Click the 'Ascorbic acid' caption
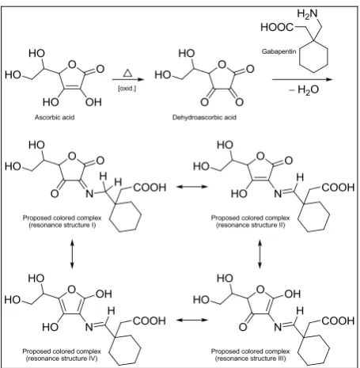[x=55, y=117]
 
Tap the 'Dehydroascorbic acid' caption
[x=204, y=117]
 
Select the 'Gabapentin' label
[x=279, y=51]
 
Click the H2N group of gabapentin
[x=308, y=13]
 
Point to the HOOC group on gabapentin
[x=277, y=27]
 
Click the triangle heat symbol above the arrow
[x=127, y=73]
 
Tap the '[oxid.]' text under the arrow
[x=127, y=89]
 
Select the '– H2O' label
[x=304, y=90]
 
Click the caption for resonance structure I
[x=62, y=222]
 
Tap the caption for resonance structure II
[x=250, y=222]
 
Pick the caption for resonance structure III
[x=250, y=355]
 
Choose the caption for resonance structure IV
[x=62, y=355]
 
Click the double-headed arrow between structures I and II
[x=192, y=187]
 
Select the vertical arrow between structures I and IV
[x=72, y=254]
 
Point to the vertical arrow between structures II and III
[x=260, y=254]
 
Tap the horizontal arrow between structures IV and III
[x=192, y=320]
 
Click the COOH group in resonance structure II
[x=339, y=188]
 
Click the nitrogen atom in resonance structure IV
[x=89, y=328]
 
